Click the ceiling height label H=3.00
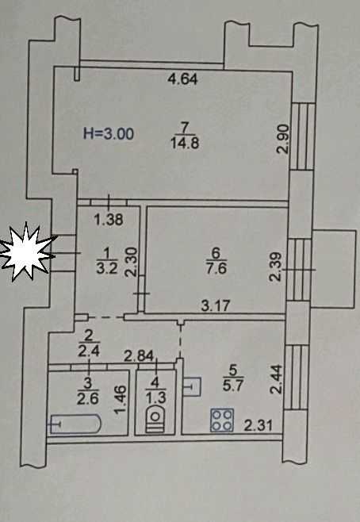[109, 133]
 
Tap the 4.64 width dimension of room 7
[182, 79]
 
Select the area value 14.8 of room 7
[185, 144]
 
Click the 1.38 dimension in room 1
[109, 220]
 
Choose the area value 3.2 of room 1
[107, 268]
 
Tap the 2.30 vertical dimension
[131, 262]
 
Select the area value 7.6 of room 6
[216, 268]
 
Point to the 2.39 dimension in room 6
[276, 267]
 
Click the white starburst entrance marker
[27, 252]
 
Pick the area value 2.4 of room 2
[89, 351]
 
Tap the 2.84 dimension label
[139, 356]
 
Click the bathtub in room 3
[75, 424]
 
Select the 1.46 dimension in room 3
[121, 400]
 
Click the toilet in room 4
[155, 418]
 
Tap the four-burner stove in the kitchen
[222, 420]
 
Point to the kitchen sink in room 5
[192, 386]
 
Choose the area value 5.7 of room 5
[232, 386]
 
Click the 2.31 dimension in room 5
[259, 425]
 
